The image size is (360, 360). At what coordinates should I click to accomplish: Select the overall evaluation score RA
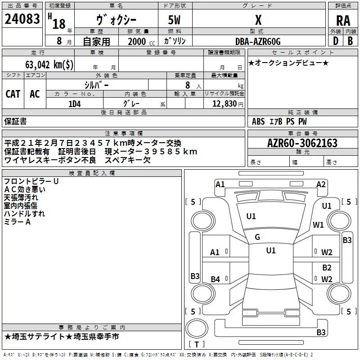click(x=342, y=21)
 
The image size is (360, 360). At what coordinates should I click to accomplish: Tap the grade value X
click(x=258, y=20)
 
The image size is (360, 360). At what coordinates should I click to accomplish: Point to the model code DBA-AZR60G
click(x=258, y=41)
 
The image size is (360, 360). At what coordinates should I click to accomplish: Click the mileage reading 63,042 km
click(x=49, y=64)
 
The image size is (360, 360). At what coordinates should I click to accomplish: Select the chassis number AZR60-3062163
click(x=302, y=143)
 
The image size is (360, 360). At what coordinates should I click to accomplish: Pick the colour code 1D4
click(x=74, y=103)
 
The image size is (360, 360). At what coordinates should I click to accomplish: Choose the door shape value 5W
click(x=175, y=20)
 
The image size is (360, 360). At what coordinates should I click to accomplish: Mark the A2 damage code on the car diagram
click(x=321, y=184)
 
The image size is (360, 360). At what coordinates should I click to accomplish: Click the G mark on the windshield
click(x=257, y=237)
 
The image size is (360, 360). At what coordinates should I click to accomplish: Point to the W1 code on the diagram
click(x=319, y=225)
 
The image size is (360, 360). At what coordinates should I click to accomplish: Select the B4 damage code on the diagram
click(x=216, y=279)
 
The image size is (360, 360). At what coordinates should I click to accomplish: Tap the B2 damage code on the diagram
click(x=327, y=268)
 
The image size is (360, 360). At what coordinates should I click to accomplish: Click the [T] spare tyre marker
click(x=197, y=345)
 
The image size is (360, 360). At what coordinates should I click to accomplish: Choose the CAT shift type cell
click(x=13, y=94)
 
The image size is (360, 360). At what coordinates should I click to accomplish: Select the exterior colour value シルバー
click(x=96, y=85)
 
